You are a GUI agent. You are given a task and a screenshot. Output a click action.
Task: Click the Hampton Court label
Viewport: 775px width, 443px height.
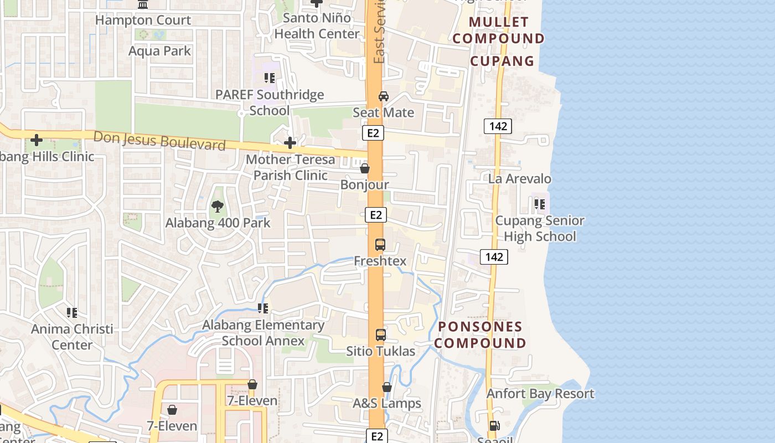tap(143, 20)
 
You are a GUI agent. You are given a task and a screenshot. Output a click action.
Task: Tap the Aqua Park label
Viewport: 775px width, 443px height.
tap(159, 51)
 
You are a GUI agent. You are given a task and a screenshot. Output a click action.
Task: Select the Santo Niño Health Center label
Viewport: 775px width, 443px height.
tap(317, 25)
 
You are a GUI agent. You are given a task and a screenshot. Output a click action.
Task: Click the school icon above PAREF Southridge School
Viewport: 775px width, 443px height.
tap(270, 78)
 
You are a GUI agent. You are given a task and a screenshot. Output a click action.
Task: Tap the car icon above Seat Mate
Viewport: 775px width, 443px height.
tap(383, 96)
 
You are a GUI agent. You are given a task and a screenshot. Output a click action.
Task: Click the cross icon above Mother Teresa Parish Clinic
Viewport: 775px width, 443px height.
tap(290, 143)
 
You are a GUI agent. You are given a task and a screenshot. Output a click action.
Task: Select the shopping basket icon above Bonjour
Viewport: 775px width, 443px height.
tap(365, 168)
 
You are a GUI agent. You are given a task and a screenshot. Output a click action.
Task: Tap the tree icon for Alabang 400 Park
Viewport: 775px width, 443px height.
tap(218, 207)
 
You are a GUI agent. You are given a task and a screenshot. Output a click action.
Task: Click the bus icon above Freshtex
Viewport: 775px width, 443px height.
tap(380, 244)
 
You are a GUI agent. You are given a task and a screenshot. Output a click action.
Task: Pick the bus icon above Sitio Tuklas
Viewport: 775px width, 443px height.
tap(381, 334)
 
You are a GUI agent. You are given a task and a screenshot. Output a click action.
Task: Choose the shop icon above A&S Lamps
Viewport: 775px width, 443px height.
tap(387, 387)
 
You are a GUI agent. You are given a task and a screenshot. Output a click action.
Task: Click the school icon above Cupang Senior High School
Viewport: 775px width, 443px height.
tap(540, 204)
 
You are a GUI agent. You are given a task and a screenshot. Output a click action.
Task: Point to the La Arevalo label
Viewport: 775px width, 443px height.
tap(519, 179)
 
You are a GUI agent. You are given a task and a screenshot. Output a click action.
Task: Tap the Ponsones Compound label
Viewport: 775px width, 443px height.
tap(480, 334)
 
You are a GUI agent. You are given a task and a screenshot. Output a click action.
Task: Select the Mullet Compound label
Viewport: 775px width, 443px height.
tap(502, 30)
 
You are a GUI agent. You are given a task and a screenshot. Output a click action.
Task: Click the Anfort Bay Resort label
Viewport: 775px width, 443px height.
tap(540, 394)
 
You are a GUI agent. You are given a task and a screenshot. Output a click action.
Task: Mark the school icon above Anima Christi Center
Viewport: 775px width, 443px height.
tap(72, 313)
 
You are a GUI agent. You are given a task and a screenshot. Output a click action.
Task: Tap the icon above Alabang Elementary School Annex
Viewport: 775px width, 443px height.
tap(263, 308)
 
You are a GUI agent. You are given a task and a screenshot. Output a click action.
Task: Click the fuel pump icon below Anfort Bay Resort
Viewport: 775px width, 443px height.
tap(494, 426)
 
